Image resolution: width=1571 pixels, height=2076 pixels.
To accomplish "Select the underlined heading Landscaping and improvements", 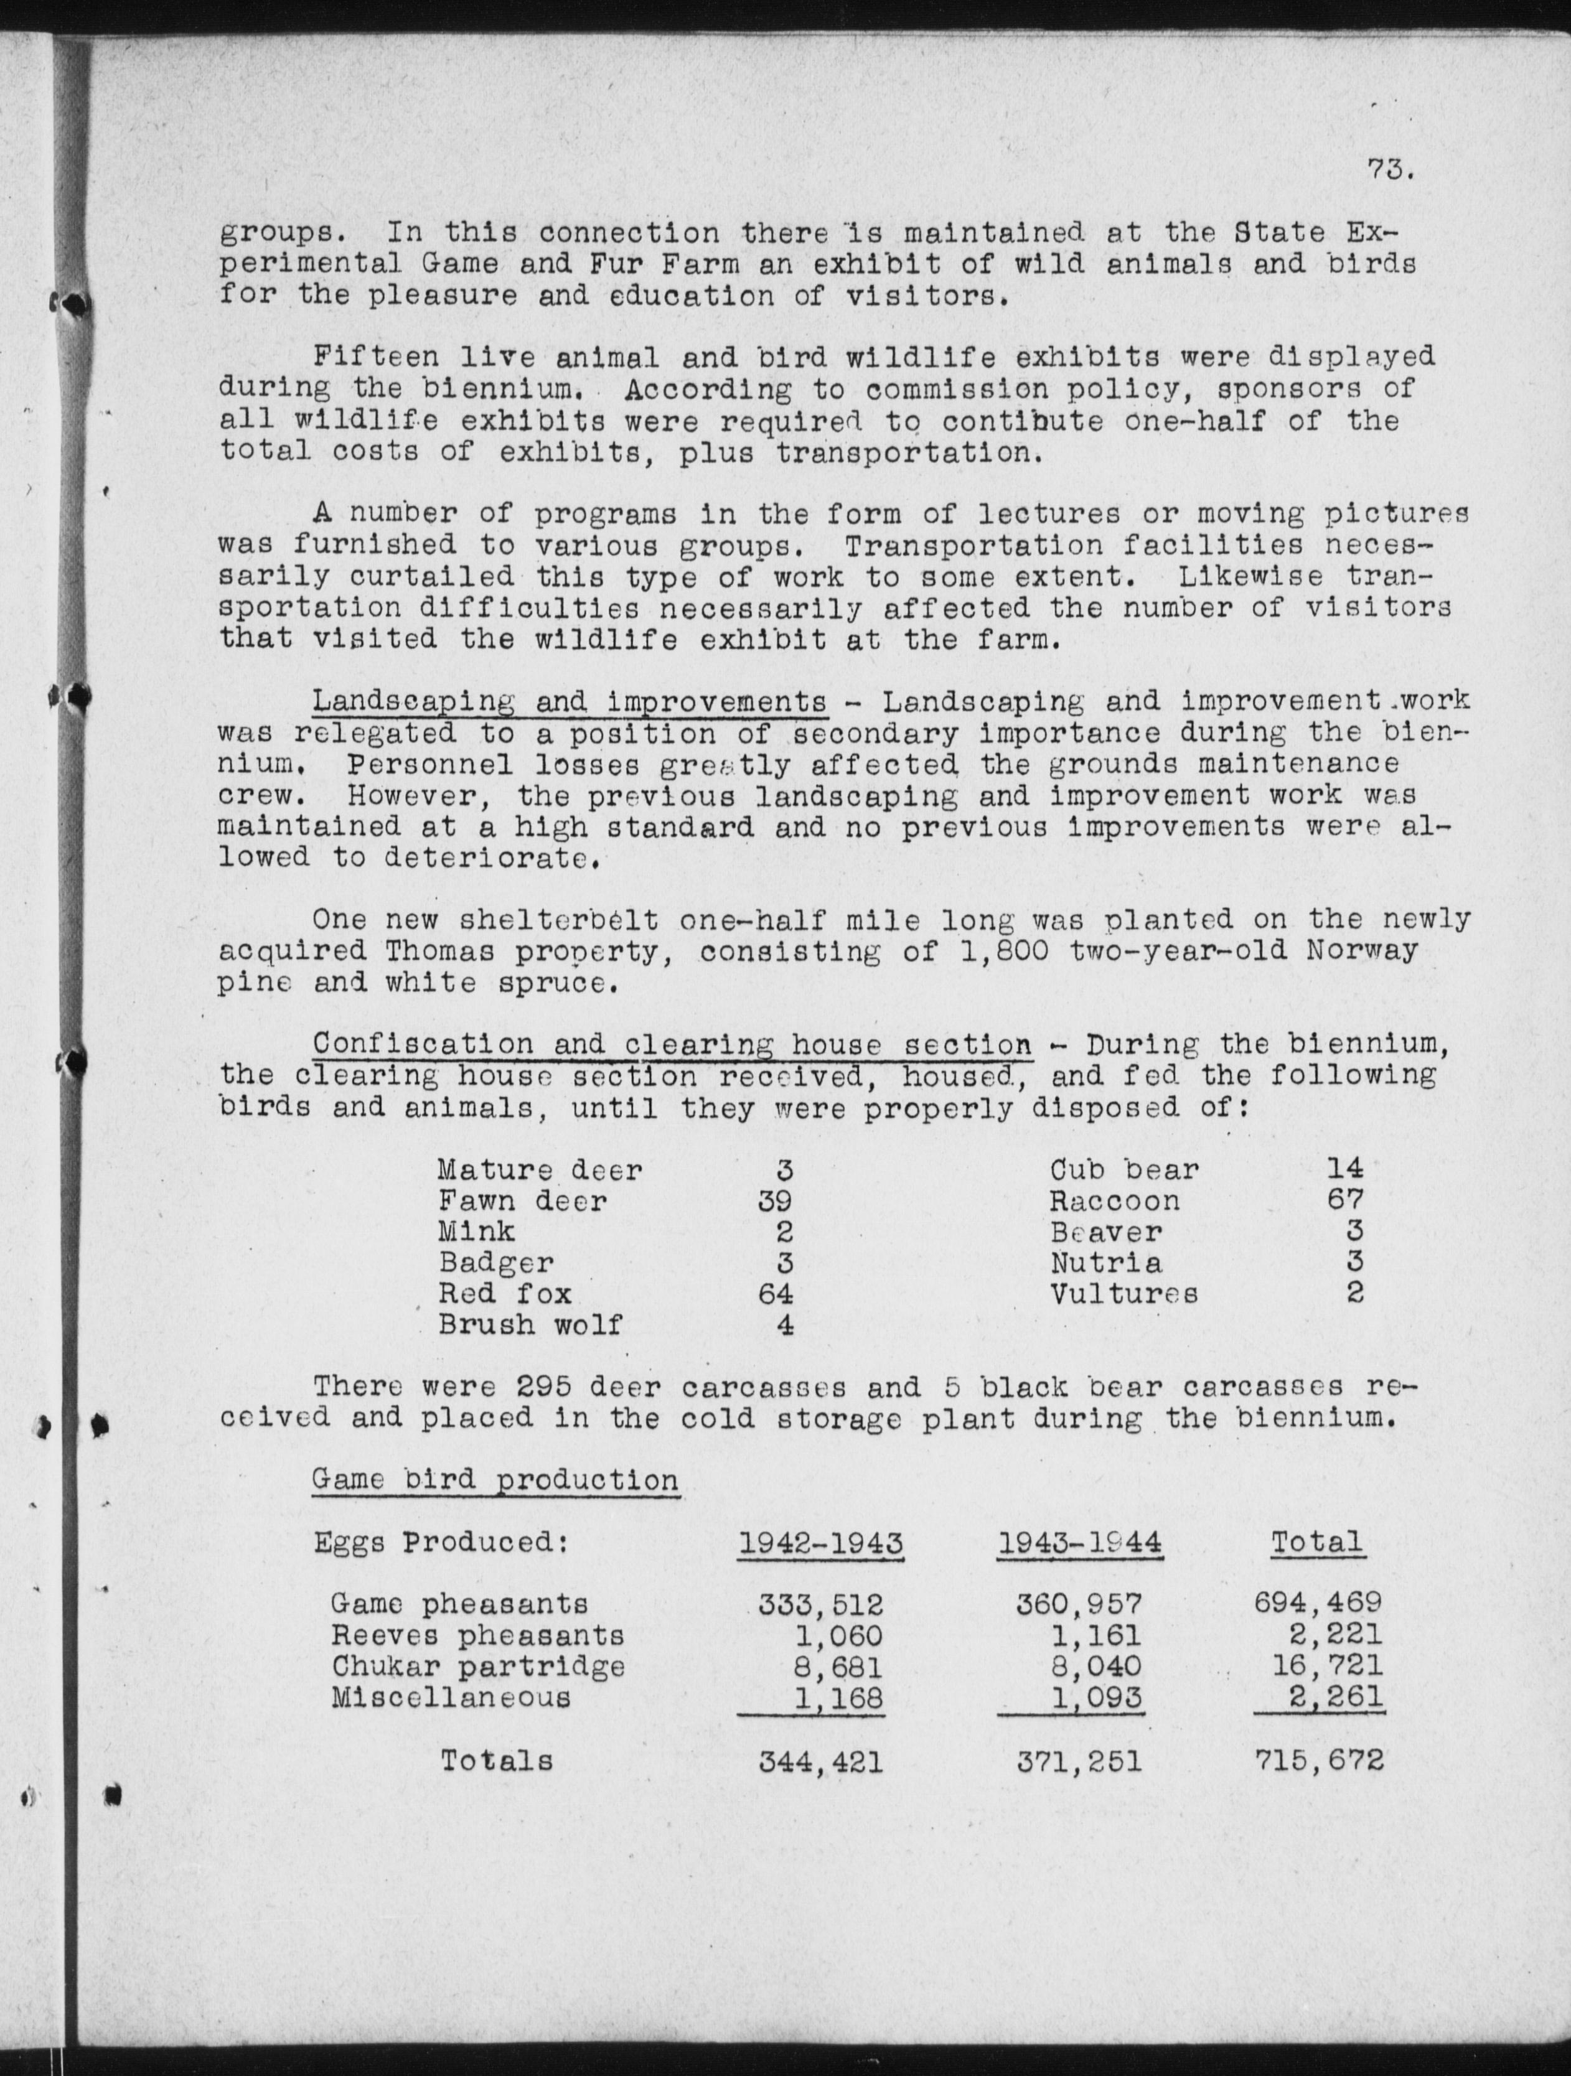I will (x=569, y=701).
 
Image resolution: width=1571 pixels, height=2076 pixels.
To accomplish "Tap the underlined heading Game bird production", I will (x=495, y=1480).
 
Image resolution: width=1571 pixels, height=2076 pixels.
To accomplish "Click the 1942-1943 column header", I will (x=820, y=1543).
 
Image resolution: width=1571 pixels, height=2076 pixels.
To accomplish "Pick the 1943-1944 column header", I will (x=1079, y=1543).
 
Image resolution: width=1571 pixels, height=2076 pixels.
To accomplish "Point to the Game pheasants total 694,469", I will (x=1318, y=1604).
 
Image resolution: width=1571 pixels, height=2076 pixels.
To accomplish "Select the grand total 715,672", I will (x=1318, y=1760).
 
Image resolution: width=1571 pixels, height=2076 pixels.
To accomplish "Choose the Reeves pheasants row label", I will (x=477, y=1636).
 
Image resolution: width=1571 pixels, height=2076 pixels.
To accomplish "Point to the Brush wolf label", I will (x=529, y=1325).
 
